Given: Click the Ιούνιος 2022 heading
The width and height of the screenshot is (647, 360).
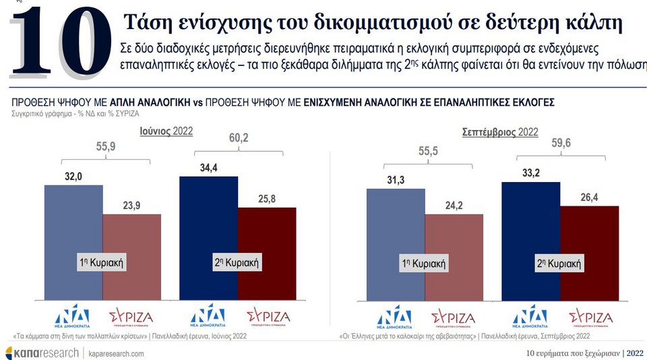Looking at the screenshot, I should tap(166, 131).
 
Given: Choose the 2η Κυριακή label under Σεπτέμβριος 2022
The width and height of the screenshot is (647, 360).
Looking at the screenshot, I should tap(559, 264).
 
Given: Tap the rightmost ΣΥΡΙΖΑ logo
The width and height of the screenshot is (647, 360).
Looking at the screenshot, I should tap(591, 316).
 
